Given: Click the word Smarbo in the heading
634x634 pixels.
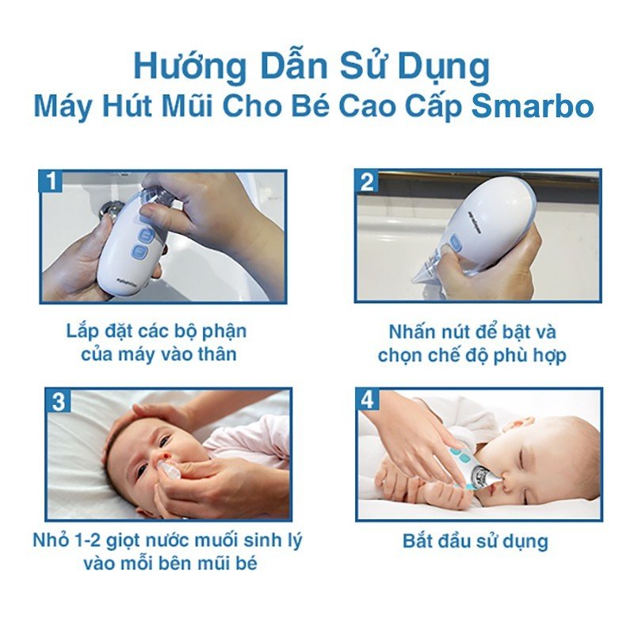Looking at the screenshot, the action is point(533,106).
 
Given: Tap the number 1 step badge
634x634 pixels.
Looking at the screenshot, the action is point(52,181).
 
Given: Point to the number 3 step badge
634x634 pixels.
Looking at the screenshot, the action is point(58,401).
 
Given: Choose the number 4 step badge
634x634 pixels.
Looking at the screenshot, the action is point(367,400).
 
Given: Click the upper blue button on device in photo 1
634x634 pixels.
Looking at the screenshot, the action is point(146,234).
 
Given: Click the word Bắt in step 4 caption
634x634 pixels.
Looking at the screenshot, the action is point(418,540).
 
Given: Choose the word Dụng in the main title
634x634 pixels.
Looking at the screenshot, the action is point(444,67).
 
